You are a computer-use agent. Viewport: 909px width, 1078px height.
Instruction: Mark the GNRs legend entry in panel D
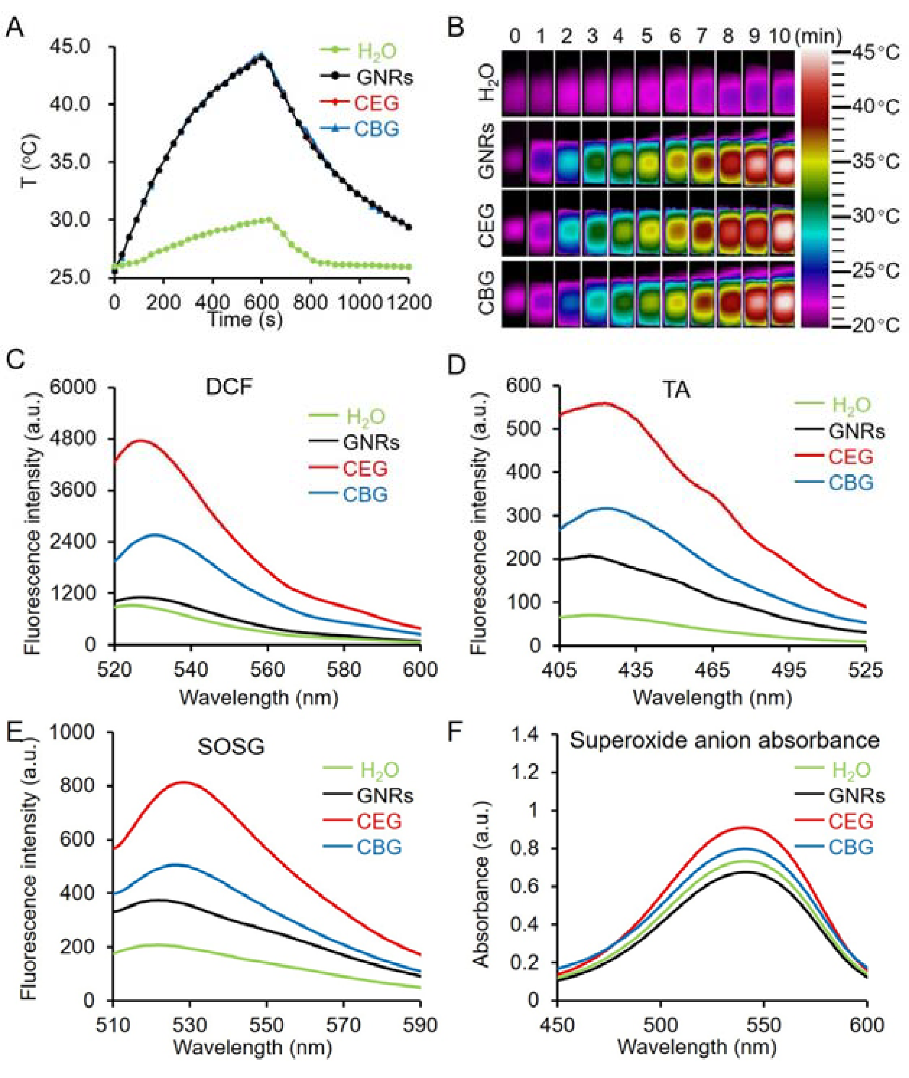tap(856, 431)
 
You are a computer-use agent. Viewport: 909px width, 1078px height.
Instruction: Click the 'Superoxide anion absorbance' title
tap(724, 741)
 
